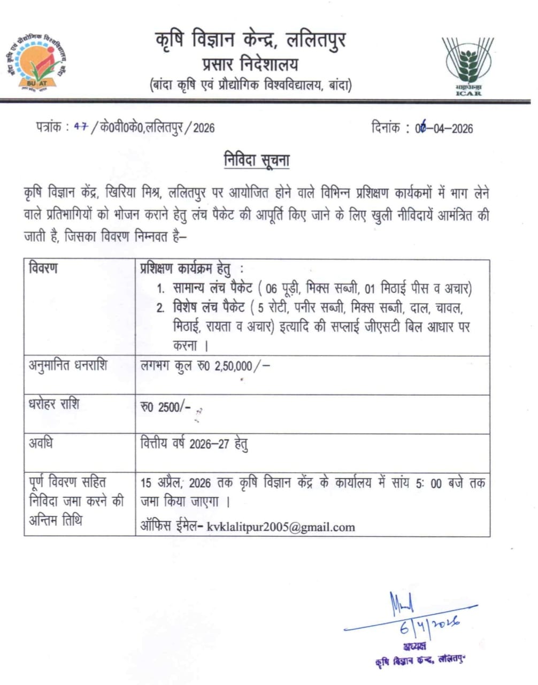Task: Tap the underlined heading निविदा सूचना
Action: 257,160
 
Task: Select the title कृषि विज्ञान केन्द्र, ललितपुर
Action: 250,40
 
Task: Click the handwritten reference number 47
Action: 81,127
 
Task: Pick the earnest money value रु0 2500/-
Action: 165,407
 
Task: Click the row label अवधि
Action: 41,443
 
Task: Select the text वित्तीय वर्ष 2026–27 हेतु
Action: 194,444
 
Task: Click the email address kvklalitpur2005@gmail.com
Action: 281,527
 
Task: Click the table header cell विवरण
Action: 43,268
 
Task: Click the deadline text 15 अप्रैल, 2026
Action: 176,483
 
